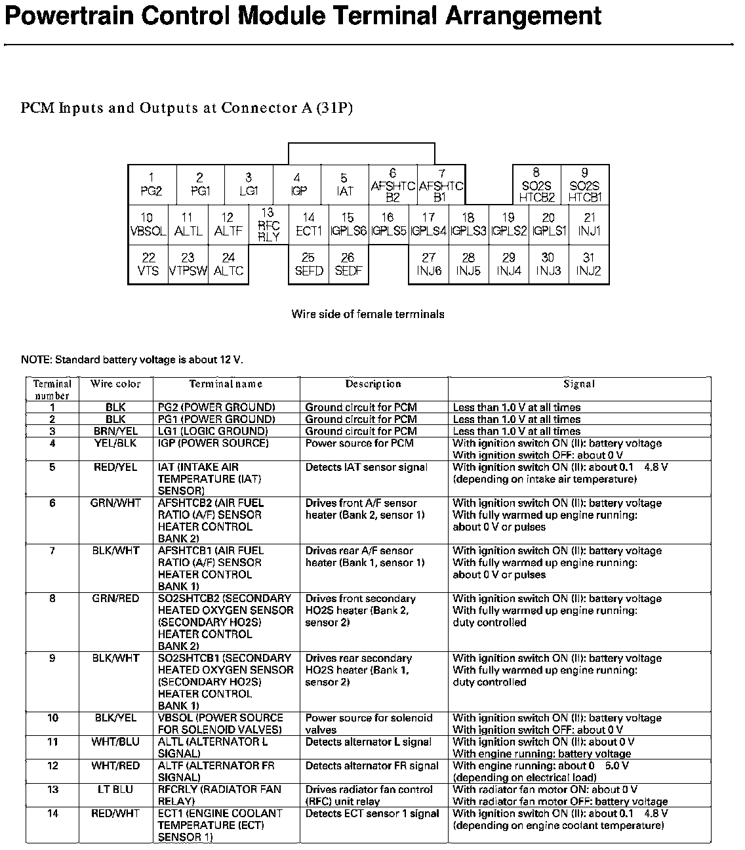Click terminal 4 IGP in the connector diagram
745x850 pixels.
coord(297,185)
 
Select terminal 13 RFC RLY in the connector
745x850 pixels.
coord(268,225)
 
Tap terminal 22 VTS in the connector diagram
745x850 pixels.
coord(148,264)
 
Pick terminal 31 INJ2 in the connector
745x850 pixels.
coord(588,264)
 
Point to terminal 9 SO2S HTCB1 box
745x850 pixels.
coord(585,185)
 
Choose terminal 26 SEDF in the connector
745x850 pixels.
coord(348,264)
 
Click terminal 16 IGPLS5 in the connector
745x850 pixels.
coord(388,225)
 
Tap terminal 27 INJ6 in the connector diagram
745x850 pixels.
coord(428,264)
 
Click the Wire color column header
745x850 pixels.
coord(115,384)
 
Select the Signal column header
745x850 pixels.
coord(579,384)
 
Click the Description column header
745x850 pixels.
coord(373,384)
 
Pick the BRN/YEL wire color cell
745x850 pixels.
coord(115,432)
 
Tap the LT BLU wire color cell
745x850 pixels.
coord(115,790)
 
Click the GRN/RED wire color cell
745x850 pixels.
coord(115,599)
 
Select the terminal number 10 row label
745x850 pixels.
coord(52,718)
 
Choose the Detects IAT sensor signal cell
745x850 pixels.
coord(366,468)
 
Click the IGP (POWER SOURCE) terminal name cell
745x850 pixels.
coord(213,443)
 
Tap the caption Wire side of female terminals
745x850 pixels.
coord(368,314)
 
